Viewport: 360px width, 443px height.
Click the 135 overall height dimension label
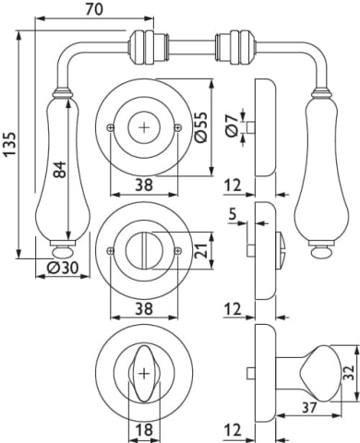click(x=10, y=145)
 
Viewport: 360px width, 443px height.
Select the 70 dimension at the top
click(x=94, y=9)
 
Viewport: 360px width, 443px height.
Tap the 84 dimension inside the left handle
click(x=59, y=169)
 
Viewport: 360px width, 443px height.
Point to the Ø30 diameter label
click(x=63, y=269)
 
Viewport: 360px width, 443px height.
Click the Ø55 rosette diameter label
click(x=201, y=127)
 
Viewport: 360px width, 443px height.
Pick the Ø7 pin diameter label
click(x=232, y=126)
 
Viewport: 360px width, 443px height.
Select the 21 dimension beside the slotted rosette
click(x=201, y=251)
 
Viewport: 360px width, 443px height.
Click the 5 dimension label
click(x=234, y=214)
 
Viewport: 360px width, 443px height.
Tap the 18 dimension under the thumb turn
click(x=144, y=429)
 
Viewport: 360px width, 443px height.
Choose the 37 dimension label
click(x=308, y=408)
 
